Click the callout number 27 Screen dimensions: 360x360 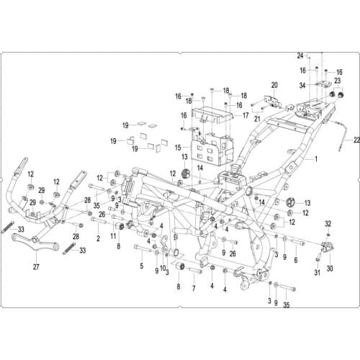point(36,266)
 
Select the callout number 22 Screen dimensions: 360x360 point(356,140)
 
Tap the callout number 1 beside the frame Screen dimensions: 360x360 point(316,158)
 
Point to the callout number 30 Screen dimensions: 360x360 point(330,268)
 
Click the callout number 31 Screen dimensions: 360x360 point(318,272)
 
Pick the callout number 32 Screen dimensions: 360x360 point(328,224)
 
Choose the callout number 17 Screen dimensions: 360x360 point(246,116)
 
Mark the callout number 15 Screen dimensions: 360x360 point(178,148)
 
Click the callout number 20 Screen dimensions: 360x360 point(274,85)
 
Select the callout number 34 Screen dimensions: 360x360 point(302,85)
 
